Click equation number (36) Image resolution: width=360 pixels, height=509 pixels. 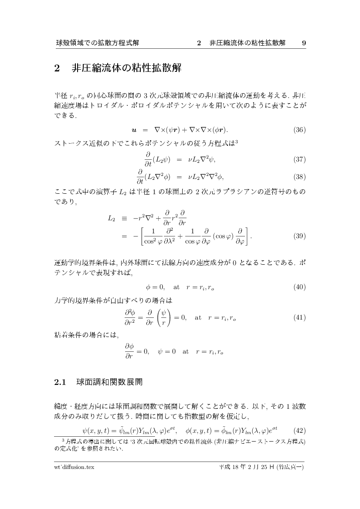[299, 130]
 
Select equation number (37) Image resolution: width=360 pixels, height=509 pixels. [299, 160]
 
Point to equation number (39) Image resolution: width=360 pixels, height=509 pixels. [299, 236]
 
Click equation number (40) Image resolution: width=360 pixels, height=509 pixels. [299, 287]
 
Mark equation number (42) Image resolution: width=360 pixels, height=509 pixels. [299, 431]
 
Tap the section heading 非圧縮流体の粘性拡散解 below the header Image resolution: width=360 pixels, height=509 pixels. [126, 69]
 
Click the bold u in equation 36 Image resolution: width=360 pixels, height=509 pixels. [134, 130]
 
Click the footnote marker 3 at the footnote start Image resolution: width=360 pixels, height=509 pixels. [63, 440]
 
